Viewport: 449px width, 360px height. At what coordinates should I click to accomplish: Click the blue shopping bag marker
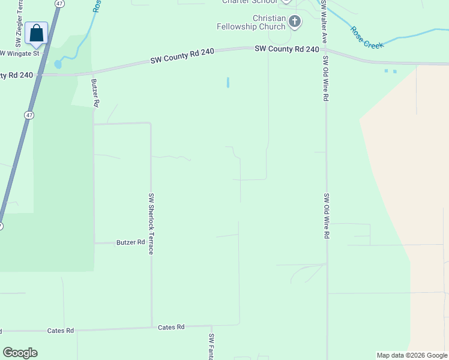pos(37,34)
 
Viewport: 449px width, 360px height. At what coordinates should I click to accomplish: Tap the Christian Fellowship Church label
pos(252,23)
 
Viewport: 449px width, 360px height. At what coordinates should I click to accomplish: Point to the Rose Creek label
pos(366,37)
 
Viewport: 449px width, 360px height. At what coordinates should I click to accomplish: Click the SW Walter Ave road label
pos(324,21)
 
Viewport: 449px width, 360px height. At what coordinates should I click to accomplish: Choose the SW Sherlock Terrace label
pos(152,223)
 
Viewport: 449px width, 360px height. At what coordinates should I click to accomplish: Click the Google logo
pos(20,353)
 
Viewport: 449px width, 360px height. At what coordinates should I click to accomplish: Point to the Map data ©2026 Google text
pos(412,355)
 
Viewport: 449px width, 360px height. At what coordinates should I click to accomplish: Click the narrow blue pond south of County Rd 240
pos(228,82)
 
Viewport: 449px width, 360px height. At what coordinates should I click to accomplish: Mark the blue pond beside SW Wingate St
pos(58,64)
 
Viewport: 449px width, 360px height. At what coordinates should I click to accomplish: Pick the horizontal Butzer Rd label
pos(131,242)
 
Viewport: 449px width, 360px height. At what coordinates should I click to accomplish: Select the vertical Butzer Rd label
pos(95,93)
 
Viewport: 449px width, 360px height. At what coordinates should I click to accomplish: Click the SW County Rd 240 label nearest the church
pos(286,49)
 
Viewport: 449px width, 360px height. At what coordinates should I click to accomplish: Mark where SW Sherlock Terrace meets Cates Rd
pos(151,328)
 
